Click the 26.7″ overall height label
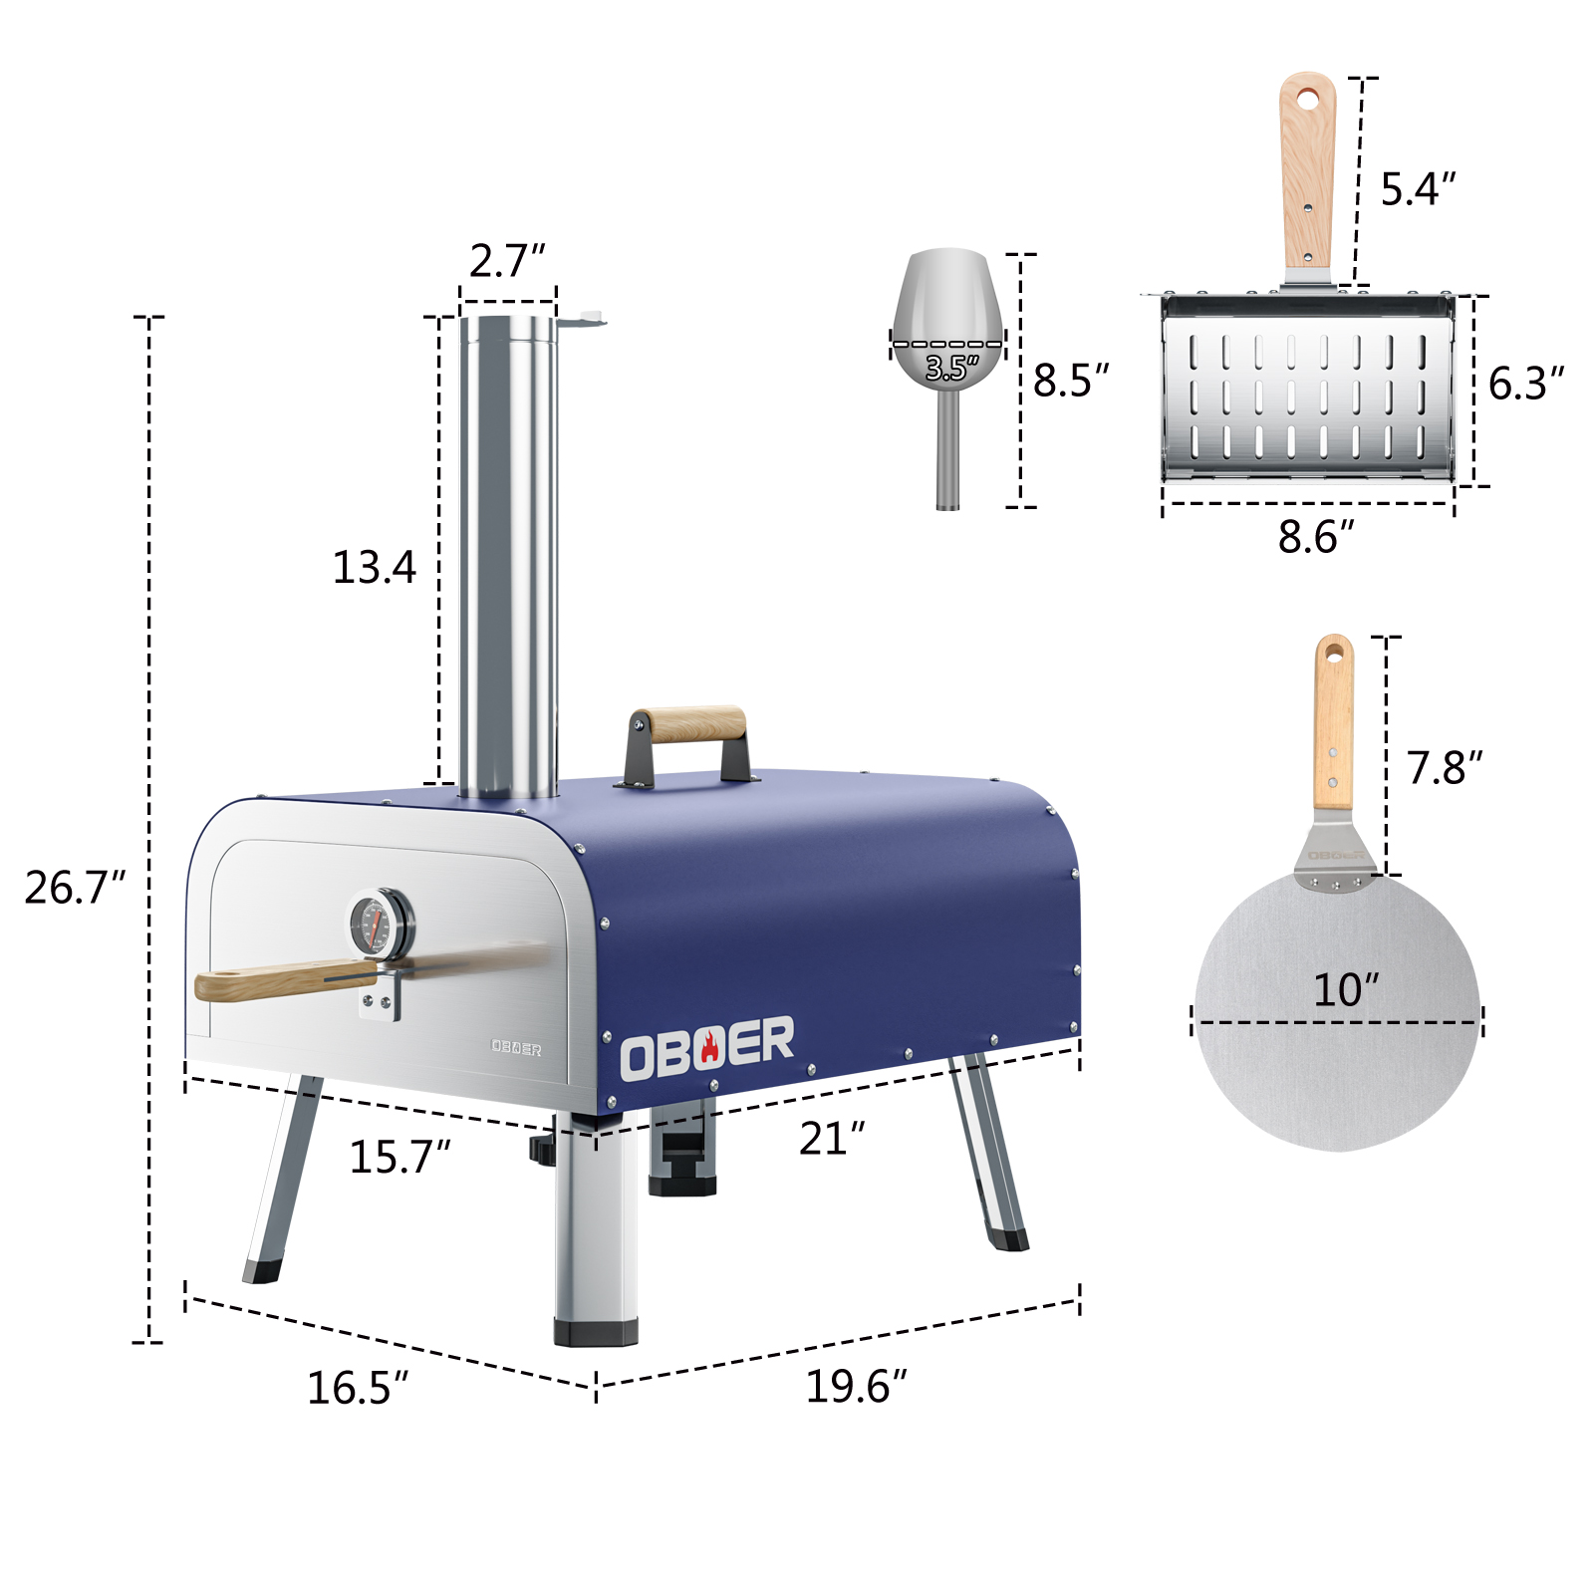(75, 888)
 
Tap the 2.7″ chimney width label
(507, 261)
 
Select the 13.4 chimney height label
(374, 567)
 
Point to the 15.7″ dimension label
(399, 1157)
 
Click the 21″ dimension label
(832, 1139)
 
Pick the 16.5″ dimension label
(357, 1388)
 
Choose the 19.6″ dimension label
(856, 1386)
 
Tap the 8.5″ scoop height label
(1071, 381)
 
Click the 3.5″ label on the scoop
(952, 369)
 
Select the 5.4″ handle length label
(1418, 189)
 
